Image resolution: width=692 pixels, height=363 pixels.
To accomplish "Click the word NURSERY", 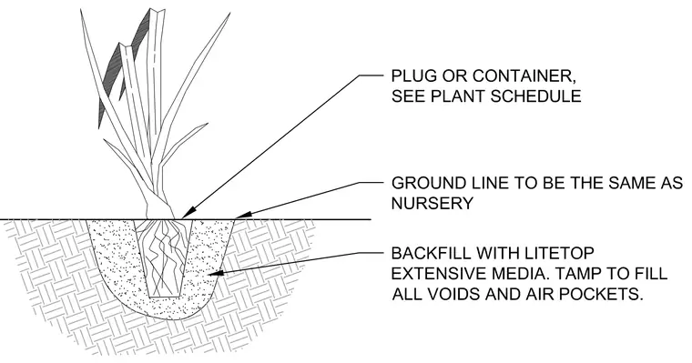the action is click(x=432, y=203).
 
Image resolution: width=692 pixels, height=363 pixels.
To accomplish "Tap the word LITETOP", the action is click(x=559, y=253).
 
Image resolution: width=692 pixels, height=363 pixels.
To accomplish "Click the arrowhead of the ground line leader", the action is click(x=244, y=215).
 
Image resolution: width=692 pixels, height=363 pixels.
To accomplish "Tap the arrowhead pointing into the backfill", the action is click(x=216, y=273).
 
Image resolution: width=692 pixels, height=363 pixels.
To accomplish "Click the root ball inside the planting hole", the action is click(x=164, y=258).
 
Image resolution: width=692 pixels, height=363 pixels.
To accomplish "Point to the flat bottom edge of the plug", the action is click(x=164, y=297).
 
